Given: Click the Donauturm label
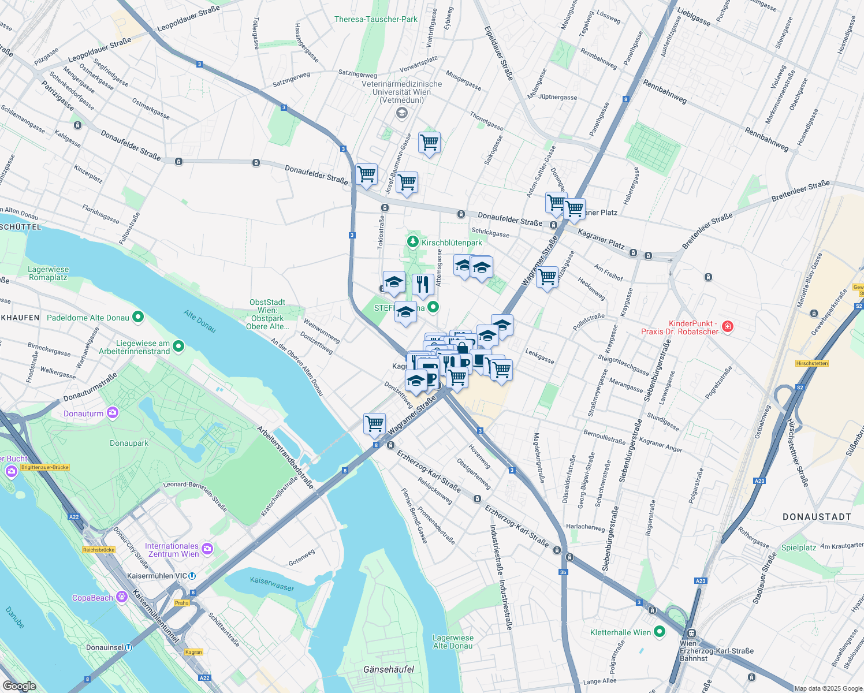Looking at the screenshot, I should pyautogui.click(x=84, y=413).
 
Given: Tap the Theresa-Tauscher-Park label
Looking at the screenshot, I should pyautogui.click(x=375, y=19).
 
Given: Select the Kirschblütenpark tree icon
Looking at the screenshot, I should pyautogui.click(x=412, y=241).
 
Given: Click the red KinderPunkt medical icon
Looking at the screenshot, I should pyautogui.click(x=727, y=327).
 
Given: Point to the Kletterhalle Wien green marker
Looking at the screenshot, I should pyautogui.click(x=659, y=632).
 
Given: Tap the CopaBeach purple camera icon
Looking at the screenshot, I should pyautogui.click(x=122, y=597).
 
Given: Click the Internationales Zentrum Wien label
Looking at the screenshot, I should pyautogui.click(x=172, y=550).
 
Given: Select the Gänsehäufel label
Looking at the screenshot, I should pyautogui.click(x=389, y=669).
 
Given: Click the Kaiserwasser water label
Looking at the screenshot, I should pyautogui.click(x=272, y=583).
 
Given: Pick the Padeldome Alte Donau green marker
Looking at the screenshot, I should pyautogui.click(x=137, y=316).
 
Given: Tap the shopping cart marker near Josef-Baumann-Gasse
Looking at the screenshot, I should pyautogui.click(x=407, y=182).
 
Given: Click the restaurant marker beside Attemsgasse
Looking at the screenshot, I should pyautogui.click(x=423, y=285).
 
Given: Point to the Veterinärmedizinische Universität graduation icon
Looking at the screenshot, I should pyautogui.click(x=401, y=113).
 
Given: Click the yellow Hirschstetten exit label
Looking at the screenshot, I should pyautogui.click(x=812, y=363).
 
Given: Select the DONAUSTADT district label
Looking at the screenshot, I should pyautogui.click(x=817, y=517).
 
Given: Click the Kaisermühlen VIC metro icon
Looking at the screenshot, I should pyautogui.click(x=192, y=576).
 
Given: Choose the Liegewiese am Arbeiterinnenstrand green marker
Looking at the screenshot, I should pyautogui.click(x=178, y=346).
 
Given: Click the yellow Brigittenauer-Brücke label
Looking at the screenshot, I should pyautogui.click(x=45, y=467).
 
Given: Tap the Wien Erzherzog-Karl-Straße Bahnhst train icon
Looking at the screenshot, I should pyautogui.click(x=691, y=633).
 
